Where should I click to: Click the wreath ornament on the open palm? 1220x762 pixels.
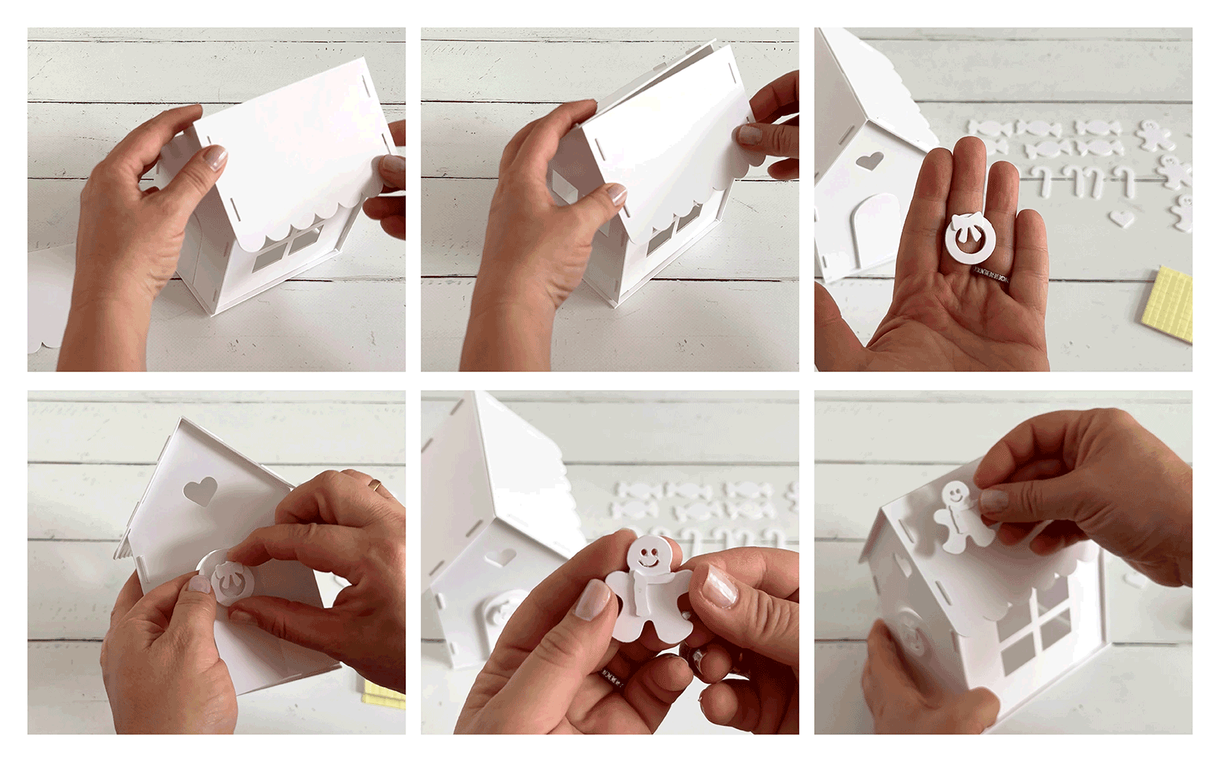[x=967, y=238]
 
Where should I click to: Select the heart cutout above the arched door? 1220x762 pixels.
[x=869, y=161]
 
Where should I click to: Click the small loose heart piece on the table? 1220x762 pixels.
[x=1121, y=219]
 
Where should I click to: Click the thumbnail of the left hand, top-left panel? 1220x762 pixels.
[x=215, y=158]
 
